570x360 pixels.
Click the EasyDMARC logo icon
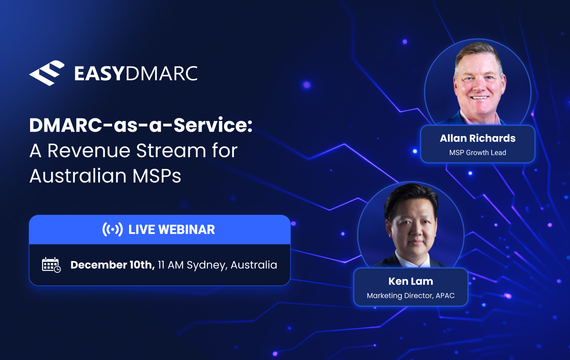coord(47,73)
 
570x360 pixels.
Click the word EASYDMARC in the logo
coord(136,74)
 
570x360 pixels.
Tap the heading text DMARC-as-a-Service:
coord(141,125)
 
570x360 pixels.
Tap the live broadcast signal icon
coord(112,229)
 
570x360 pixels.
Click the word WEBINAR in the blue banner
coord(186,229)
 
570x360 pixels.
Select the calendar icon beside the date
coord(51,265)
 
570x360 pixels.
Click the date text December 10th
coord(112,265)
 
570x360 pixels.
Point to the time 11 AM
coord(171,265)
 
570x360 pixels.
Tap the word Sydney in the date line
coord(207,265)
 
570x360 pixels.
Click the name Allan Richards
coord(477,138)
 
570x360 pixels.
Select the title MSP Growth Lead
coord(477,153)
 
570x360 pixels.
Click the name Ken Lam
coord(410,281)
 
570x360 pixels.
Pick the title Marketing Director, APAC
coord(410,296)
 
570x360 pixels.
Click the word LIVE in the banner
coord(141,229)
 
